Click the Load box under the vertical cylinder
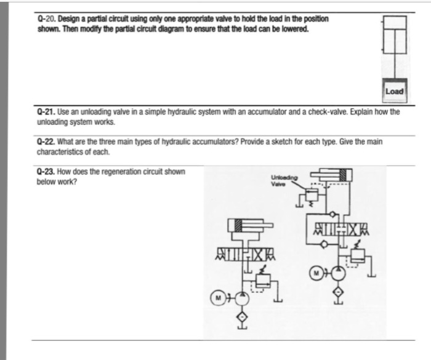[x=394, y=92]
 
